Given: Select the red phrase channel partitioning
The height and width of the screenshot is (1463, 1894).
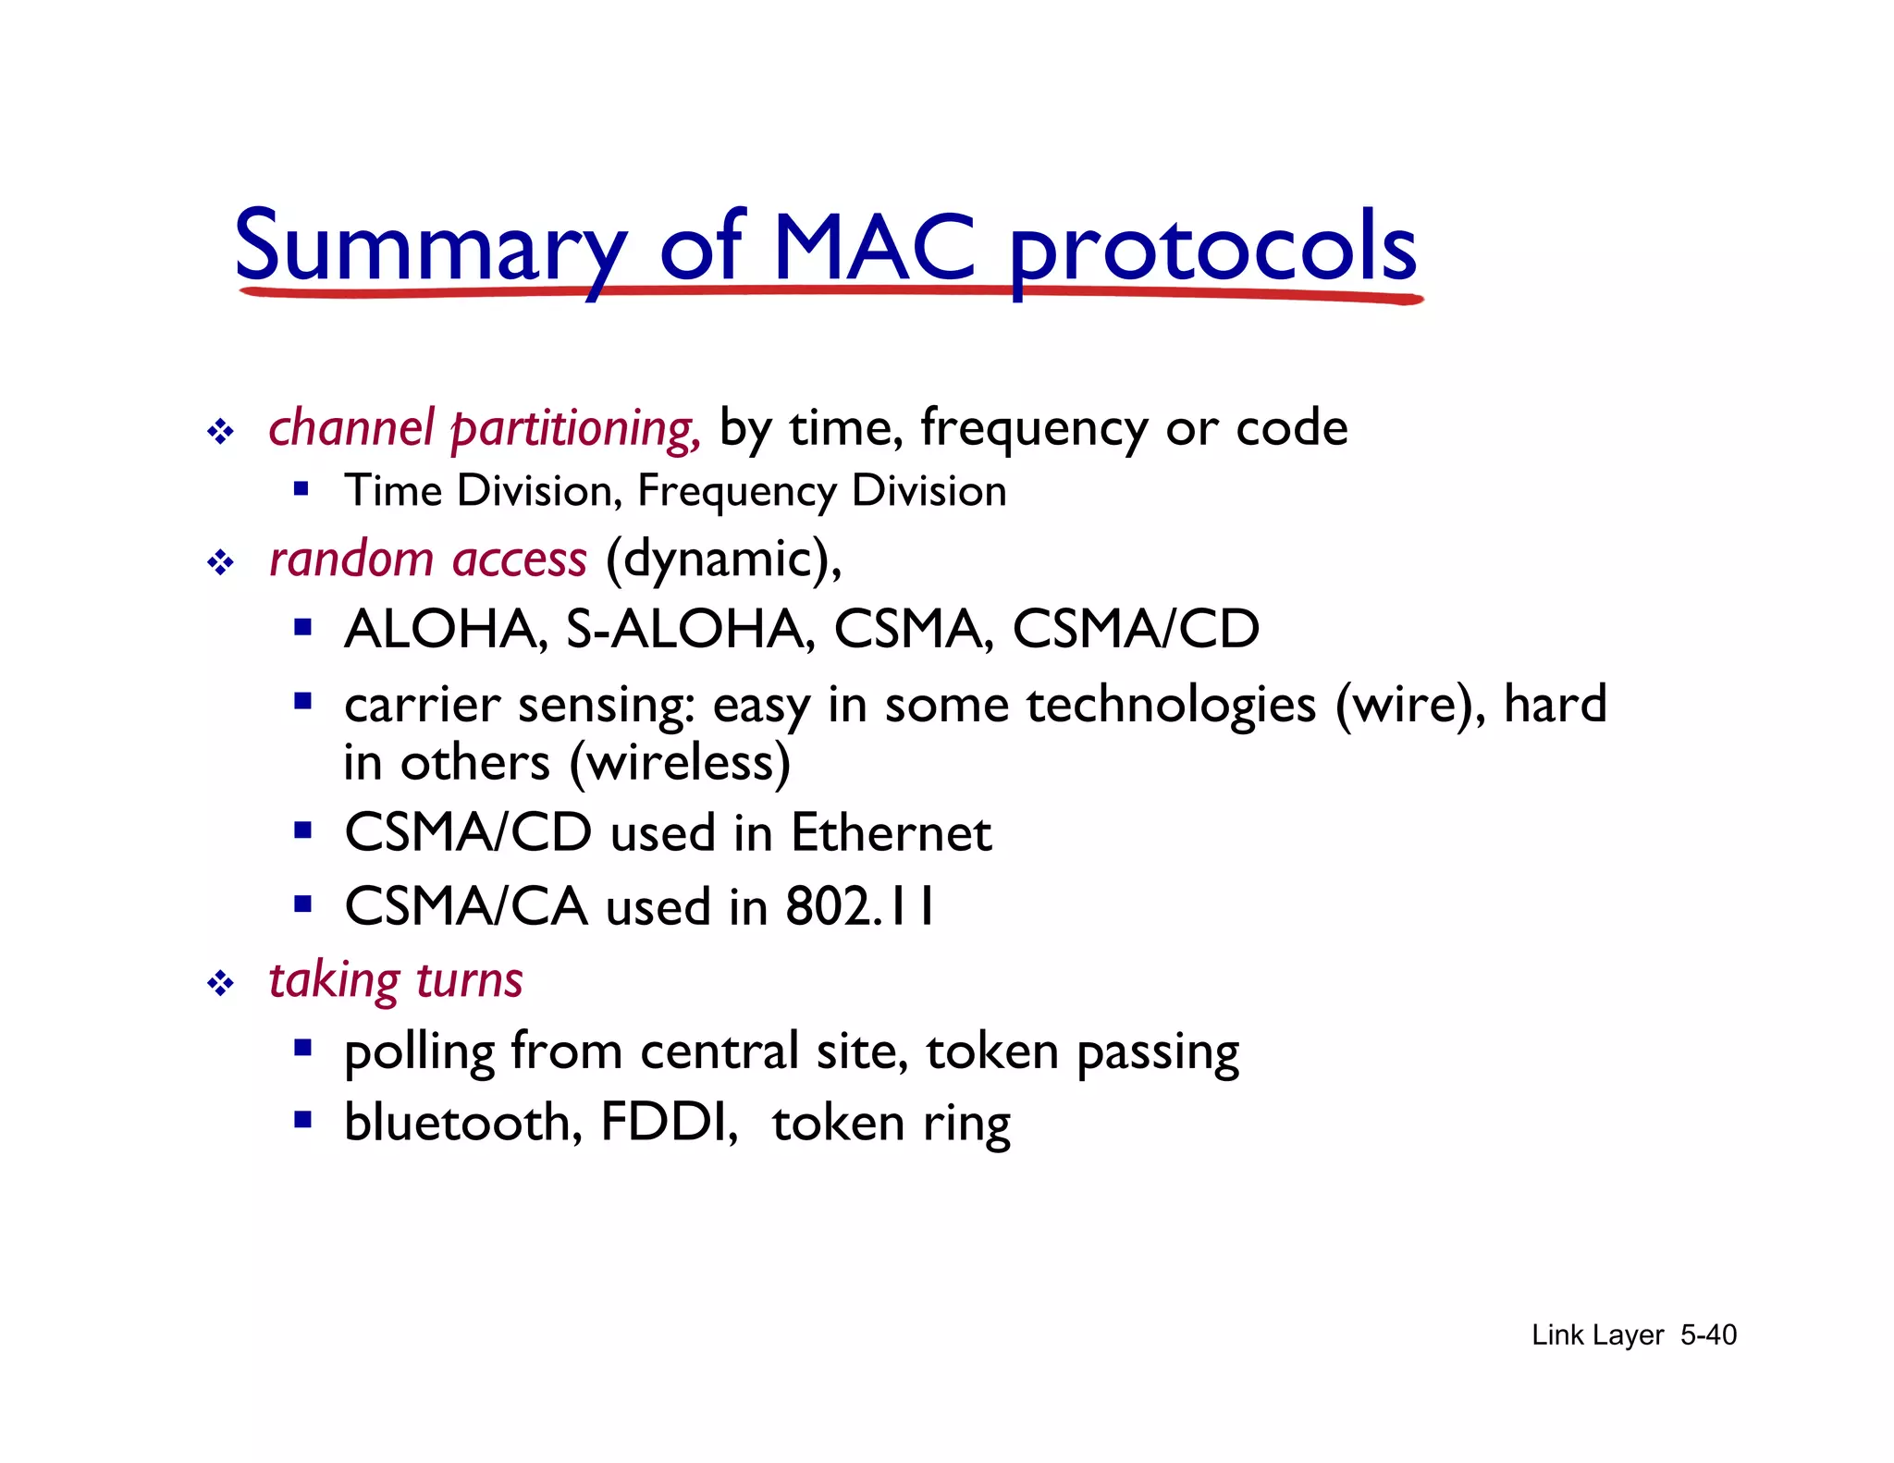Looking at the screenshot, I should pyautogui.click(x=483, y=428).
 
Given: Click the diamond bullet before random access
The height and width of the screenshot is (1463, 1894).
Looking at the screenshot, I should pyautogui.click(x=220, y=562).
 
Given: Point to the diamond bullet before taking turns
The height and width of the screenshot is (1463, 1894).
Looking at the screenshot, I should pyautogui.click(x=220, y=982).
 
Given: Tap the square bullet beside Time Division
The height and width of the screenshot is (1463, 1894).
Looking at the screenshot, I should pyautogui.click(x=301, y=488).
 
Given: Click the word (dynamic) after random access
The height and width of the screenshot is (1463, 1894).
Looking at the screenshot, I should pyautogui.click(x=721, y=559).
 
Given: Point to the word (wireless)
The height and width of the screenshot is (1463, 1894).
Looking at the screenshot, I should pyautogui.click(x=680, y=763).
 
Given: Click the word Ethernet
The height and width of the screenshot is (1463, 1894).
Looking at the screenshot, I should pyautogui.click(x=891, y=833).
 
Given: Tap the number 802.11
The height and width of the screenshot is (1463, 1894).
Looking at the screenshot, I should pyautogui.click(x=859, y=906).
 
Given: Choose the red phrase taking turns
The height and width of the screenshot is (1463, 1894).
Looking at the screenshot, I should pyautogui.click(x=396, y=980).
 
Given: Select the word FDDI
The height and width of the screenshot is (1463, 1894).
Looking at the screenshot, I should pyautogui.click(x=669, y=1123).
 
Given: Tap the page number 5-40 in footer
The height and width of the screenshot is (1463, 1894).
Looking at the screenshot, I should pyautogui.click(x=1708, y=1334).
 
